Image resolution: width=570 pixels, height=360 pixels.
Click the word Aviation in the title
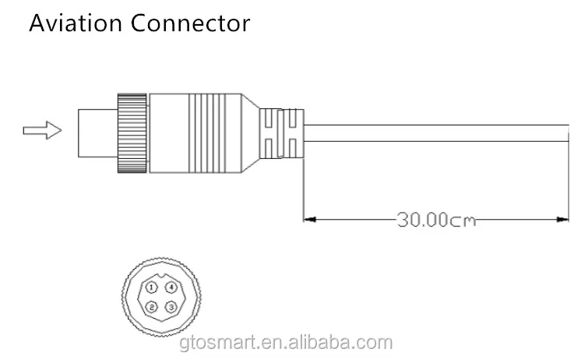tap(76, 23)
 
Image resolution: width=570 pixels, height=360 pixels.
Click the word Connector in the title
tap(190, 23)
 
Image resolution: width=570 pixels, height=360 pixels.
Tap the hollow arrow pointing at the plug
tap(42, 130)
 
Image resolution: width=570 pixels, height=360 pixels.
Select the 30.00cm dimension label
tap(436, 220)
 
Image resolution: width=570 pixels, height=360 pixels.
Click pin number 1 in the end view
tap(152, 288)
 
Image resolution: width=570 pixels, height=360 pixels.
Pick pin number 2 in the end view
tap(152, 307)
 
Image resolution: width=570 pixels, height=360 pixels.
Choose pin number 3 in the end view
tap(171, 307)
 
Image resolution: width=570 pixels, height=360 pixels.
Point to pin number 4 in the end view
tap(171, 288)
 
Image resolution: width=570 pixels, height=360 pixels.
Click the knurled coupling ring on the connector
tap(132, 133)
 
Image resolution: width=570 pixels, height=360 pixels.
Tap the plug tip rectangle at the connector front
tap(98, 133)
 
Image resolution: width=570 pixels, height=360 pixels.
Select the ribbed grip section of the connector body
tap(207, 133)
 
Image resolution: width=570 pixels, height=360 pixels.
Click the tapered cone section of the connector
tap(250, 133)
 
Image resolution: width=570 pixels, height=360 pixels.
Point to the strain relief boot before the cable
tap(282, 133)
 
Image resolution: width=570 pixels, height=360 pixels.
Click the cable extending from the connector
tap(436, 133)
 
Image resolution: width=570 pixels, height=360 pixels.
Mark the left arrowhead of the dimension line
tap(309, 219)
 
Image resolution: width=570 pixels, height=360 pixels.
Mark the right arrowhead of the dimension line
tap(562, 219)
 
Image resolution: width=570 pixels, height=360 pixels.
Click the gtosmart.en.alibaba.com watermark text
tap(286, 343)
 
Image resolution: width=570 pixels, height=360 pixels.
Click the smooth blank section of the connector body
tap(169, 133)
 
